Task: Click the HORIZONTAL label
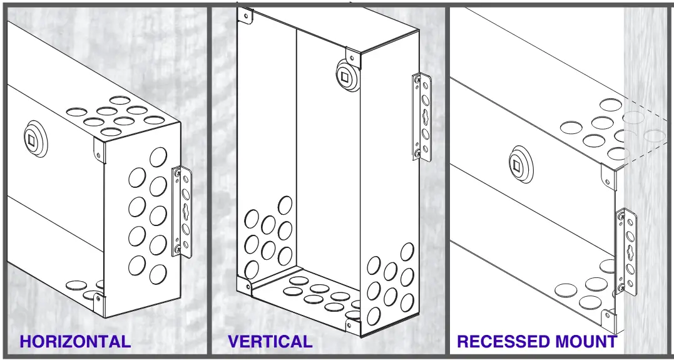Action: [x=75, y=342]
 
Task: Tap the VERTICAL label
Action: [x=270, y=342]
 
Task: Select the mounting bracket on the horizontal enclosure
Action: [x=181, y=212]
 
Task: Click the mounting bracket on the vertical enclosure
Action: [x=422, y=117]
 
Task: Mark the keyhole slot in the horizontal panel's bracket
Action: [x=184, y=213]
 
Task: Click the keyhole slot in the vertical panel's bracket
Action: [x=424, y=117]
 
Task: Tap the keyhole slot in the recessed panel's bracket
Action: [x=628, y=252]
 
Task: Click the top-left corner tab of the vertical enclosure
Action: [x=246, y=15]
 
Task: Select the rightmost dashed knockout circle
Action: [x=655, y=135]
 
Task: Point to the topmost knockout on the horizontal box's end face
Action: [x=158, y=156]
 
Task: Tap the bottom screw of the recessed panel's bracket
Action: [x=621, y=288]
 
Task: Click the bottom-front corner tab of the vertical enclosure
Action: [x=352, y=325]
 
